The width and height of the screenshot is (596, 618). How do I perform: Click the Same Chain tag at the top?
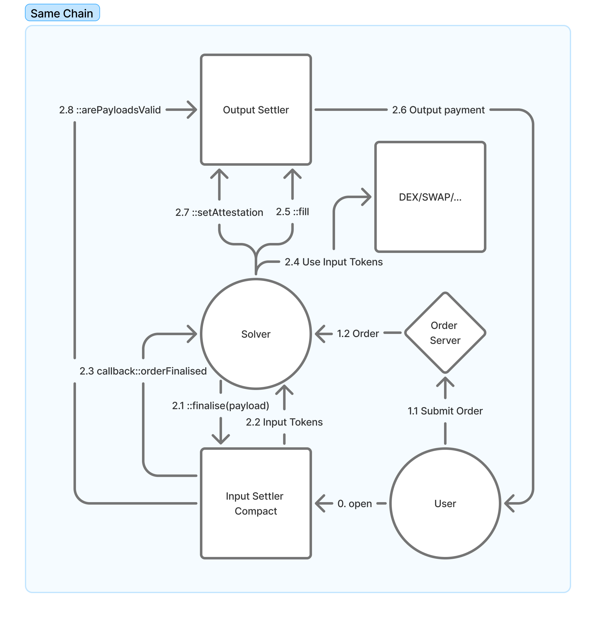(62, 13)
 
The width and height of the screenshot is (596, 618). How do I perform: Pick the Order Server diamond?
(445, 333)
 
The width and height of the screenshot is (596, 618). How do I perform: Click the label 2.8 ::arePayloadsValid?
(110, 110)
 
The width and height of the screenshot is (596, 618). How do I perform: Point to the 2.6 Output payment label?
(438, 110)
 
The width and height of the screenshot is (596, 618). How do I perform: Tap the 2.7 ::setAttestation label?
(219, 212)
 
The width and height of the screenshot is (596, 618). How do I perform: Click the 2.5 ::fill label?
(292, 212)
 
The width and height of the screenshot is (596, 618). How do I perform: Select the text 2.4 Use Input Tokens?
(333, 262)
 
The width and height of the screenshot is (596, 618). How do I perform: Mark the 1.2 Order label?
(358, 334)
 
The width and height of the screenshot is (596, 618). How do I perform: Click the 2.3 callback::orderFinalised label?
(143, 371)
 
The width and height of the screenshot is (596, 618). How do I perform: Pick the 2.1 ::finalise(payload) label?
(220, 406)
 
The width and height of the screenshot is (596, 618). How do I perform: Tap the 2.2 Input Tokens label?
(284, 422)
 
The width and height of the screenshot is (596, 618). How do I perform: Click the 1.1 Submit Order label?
(445, 411)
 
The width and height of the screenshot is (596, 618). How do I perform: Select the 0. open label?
(355, 504)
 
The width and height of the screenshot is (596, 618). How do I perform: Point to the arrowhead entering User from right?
(508, 504)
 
